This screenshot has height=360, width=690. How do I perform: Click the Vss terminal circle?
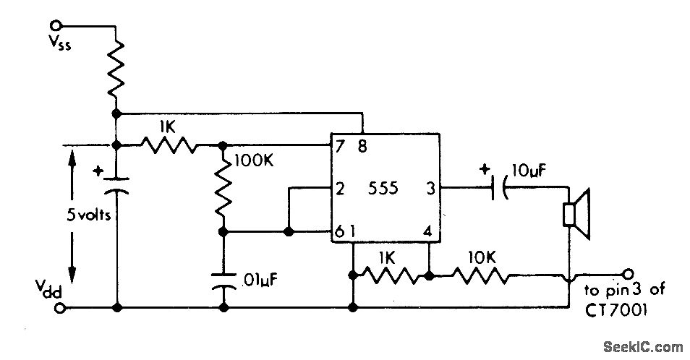56,25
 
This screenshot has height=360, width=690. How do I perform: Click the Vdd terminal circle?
62,307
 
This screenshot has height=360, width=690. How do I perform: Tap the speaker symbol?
577,215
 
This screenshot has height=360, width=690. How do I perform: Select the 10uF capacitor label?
529,171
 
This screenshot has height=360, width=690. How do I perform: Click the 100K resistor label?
254,160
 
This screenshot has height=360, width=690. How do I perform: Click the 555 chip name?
383,189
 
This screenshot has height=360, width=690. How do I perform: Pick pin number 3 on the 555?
430,189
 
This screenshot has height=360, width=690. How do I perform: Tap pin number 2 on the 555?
339,189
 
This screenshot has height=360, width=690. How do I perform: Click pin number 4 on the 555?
427,231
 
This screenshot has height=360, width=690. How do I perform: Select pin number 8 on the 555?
362,146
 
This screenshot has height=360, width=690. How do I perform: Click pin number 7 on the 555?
338,146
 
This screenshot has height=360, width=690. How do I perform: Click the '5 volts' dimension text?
88,215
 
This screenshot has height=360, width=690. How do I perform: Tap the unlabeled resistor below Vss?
116,68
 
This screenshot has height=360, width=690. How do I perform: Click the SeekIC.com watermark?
643,346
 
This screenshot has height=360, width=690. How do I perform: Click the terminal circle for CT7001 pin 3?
629,273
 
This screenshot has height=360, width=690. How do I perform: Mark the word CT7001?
616,310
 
